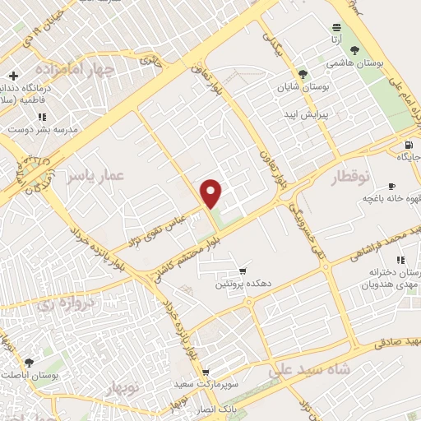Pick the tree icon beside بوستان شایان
(x=303, y=74)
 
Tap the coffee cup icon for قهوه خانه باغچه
(x=392, y=185)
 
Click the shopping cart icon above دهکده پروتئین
(x=242, y=271)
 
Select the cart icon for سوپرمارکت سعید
(x=206, y=372)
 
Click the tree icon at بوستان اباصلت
(x=30, y=362)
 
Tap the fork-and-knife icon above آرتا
(x=335, y=27)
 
